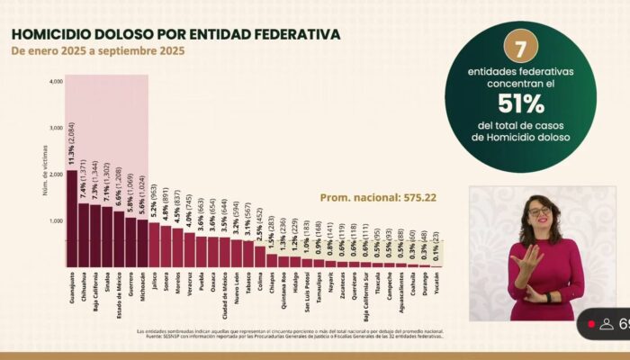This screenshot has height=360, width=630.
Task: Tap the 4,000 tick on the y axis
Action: [x=56, y=82]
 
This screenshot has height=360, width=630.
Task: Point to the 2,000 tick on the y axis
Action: [x=56, y=175]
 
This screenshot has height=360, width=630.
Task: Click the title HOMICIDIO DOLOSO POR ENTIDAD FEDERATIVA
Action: [x=175, y=34]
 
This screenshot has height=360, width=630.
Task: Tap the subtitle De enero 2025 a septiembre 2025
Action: [x=98, y=51]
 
